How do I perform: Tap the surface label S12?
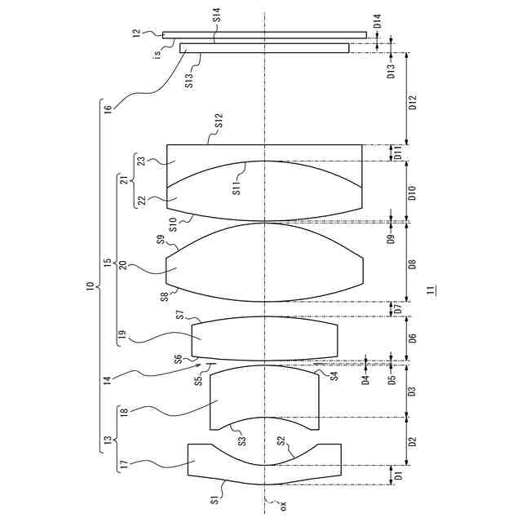[219, 121]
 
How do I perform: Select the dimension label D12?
[413, 103]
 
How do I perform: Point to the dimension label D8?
[413, 264]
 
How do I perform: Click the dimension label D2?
[413, 442]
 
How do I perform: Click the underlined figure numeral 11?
[431, 290]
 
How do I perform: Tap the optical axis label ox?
[283, 507]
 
